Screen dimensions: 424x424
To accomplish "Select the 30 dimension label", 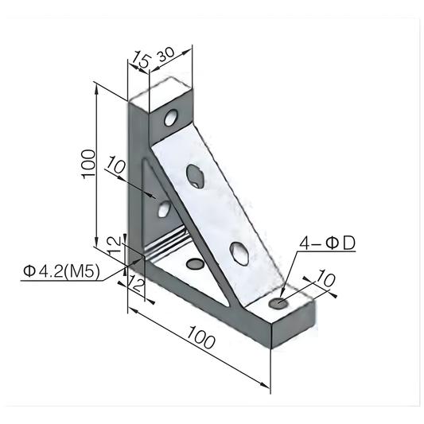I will [x=167, y=55].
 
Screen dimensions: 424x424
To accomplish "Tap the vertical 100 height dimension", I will [x=88, y=164].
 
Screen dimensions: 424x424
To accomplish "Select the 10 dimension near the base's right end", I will [x=326, y=278].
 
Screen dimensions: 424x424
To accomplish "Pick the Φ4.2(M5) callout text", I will [x=61, y=272].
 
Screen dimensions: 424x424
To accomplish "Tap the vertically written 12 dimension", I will [x=115, y=243].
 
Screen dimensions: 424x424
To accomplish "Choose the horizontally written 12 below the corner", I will [x=136, y=284].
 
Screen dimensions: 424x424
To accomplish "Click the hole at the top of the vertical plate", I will [x=171, y=120].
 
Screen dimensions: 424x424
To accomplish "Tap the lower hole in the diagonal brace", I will [x=238, y=252].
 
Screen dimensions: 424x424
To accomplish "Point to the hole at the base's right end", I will [x=278, y=303].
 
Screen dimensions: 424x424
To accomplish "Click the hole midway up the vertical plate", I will [x=164, y=209].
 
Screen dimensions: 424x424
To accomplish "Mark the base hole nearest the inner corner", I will [x=193, y=263].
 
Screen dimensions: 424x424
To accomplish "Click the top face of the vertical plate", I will [x=162, y=90].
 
